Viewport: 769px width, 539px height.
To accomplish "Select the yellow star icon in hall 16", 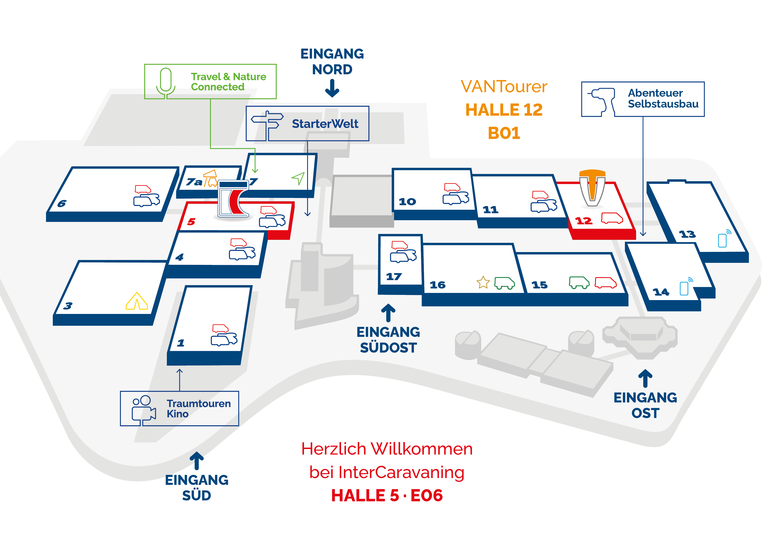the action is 483,282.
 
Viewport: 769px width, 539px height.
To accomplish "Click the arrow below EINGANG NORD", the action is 332,88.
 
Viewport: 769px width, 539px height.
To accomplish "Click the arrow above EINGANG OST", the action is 645,378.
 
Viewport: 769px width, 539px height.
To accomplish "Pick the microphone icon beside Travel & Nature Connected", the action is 166,83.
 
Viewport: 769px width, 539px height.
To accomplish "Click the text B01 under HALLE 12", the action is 504,133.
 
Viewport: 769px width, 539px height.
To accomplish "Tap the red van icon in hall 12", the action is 612,218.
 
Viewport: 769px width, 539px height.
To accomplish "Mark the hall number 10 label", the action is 407,202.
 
